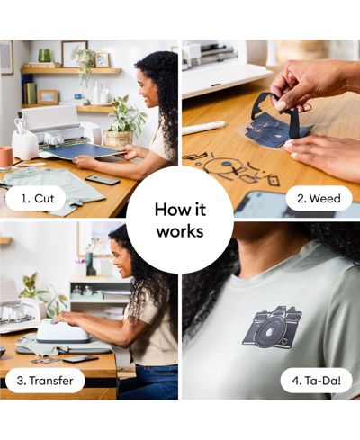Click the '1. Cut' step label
38,199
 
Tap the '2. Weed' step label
319,199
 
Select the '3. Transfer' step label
45,381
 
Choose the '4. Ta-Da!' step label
316,381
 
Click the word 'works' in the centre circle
180,231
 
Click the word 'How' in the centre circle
170,209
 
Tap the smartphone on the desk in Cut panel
103,180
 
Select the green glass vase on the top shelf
45,56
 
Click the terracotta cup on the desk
6,157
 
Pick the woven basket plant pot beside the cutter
118,139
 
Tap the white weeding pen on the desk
203,128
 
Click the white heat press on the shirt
63,331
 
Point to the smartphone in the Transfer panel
80,359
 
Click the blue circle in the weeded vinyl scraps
228,164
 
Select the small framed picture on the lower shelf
48,96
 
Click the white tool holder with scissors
25,144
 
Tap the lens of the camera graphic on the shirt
270,330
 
